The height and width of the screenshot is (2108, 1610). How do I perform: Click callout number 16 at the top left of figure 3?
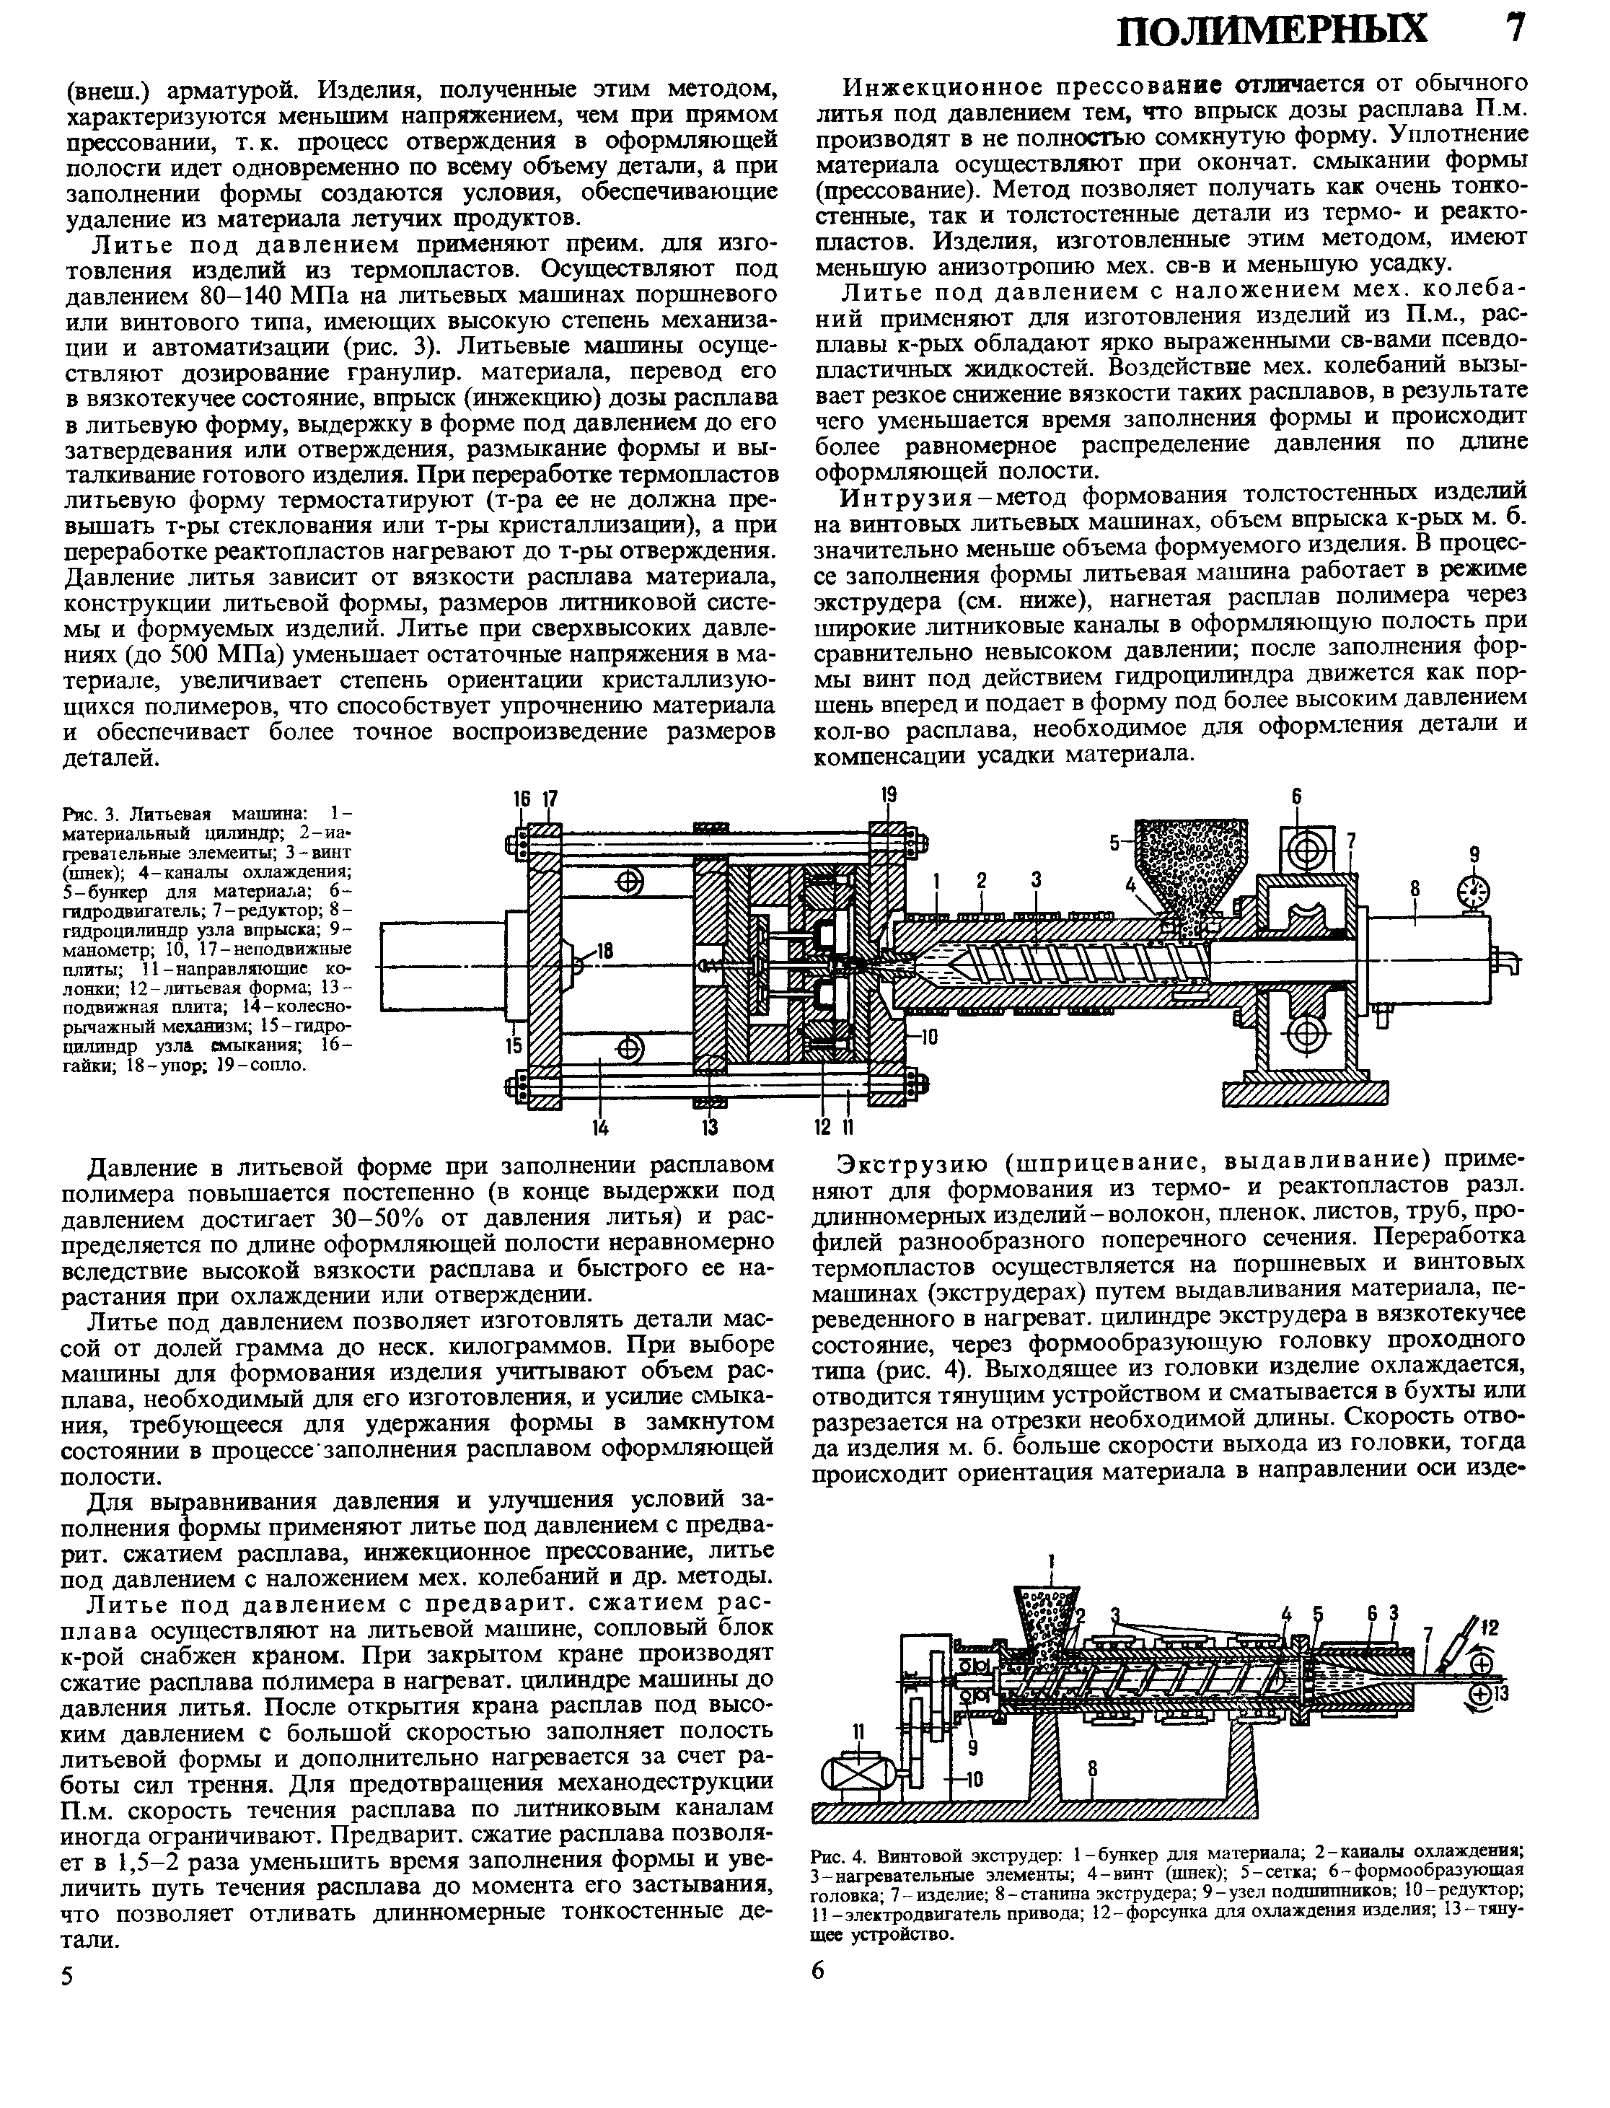[522, 798]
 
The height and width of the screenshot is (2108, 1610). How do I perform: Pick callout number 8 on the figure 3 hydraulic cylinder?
[1415, 890]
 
